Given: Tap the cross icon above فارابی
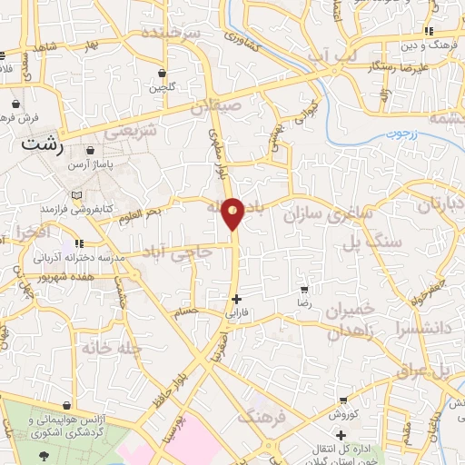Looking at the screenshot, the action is [236, 299].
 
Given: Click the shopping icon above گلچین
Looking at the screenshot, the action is [162, 74].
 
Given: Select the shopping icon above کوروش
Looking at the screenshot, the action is [342, 398].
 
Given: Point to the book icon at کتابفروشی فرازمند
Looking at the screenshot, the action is [76, 194].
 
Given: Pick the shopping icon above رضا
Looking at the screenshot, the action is [304, 290].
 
